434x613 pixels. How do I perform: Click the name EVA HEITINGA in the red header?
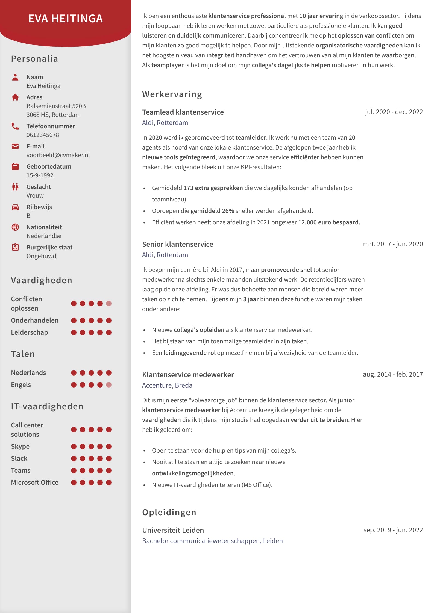(x=66, y=19)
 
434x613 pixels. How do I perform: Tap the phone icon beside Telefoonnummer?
(x=15, y=126)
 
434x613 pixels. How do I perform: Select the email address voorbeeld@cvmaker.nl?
(x=58, y=155)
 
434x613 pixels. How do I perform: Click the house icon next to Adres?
(x=15, y=97)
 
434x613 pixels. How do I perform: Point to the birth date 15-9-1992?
(x=40, y=175)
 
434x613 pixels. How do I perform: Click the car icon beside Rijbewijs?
(x=15, y=207)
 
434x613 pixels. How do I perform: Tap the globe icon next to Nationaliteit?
(x=15, y=227)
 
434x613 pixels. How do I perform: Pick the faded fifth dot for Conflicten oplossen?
(x=109, y=303)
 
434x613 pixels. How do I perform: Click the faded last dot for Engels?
(x=109, y=385)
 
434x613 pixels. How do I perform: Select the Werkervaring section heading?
(x=172, y=94)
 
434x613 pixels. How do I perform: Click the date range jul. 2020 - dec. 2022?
(x=394, y=112)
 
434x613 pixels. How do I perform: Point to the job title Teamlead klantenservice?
(x=183, y=112)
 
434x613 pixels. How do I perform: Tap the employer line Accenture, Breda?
(x=167, y=385)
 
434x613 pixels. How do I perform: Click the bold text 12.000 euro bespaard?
(x=329, y=222)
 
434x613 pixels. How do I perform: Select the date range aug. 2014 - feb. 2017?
(x=393, y=374)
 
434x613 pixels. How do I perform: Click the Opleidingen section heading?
(x=169, y=512)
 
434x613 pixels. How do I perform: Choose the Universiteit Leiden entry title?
(x=173, y=530)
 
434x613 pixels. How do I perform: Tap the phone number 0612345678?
(x=43, y=135)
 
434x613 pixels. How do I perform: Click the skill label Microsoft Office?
(x=35, y=483)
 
